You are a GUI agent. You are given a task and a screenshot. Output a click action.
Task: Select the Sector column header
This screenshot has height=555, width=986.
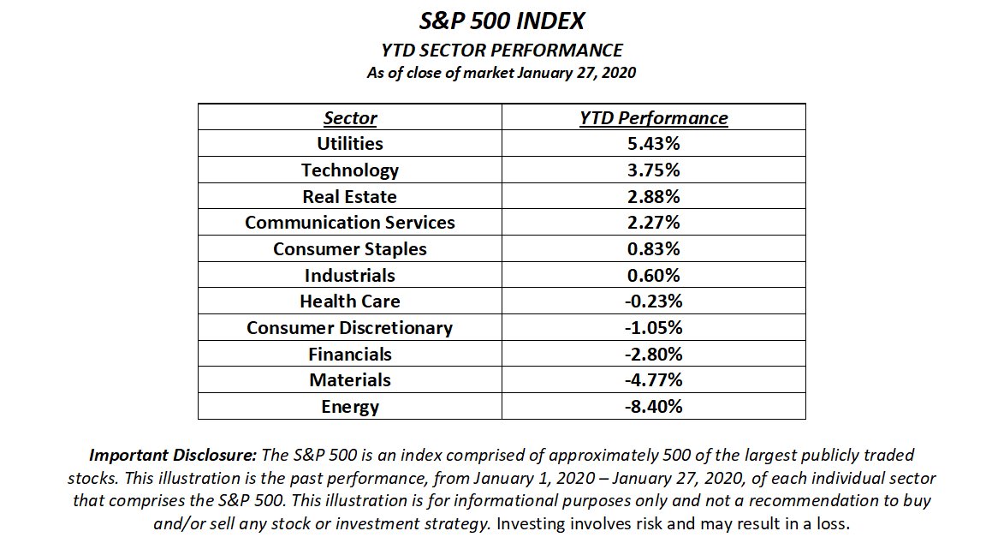click(x=350, y=118)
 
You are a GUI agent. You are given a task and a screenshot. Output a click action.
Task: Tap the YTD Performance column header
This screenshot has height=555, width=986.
click(x=654, y=118)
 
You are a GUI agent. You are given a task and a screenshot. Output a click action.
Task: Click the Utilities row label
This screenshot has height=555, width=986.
click(x=350, y=144)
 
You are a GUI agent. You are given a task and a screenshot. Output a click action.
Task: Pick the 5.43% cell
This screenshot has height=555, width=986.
click(x=654, y=144)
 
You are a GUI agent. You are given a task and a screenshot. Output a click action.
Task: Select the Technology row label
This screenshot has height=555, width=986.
click(x=350, y=170)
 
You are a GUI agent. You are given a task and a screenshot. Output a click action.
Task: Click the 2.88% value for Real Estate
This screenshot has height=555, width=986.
click(x=654, y=197)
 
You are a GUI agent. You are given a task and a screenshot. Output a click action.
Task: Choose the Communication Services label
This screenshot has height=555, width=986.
click(x=350, y=223)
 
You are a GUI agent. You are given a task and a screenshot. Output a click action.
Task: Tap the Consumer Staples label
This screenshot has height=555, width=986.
click(x=350, y=249)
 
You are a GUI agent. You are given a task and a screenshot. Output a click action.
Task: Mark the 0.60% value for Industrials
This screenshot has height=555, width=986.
click(x=654, y=276)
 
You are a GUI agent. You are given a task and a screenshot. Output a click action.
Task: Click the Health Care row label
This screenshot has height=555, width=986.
click(x=350, y=301)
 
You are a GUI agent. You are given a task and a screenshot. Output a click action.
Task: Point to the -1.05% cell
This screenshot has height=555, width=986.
click(x=654, y=328)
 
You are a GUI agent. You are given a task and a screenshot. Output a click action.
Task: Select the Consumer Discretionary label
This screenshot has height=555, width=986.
click(x=350, y=328)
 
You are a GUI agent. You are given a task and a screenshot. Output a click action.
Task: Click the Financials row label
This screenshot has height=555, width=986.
click(x=350, y=355)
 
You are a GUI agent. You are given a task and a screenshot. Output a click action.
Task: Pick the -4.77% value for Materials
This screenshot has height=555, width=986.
click(x=654, y=380)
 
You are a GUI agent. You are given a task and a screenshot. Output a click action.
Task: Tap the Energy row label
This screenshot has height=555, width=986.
click(x=350, y=407)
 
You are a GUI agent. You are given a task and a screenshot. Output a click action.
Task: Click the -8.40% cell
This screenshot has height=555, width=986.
click(x=654, y=407)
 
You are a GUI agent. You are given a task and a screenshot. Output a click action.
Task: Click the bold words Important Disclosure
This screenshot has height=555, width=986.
click(x=162, y=456)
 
